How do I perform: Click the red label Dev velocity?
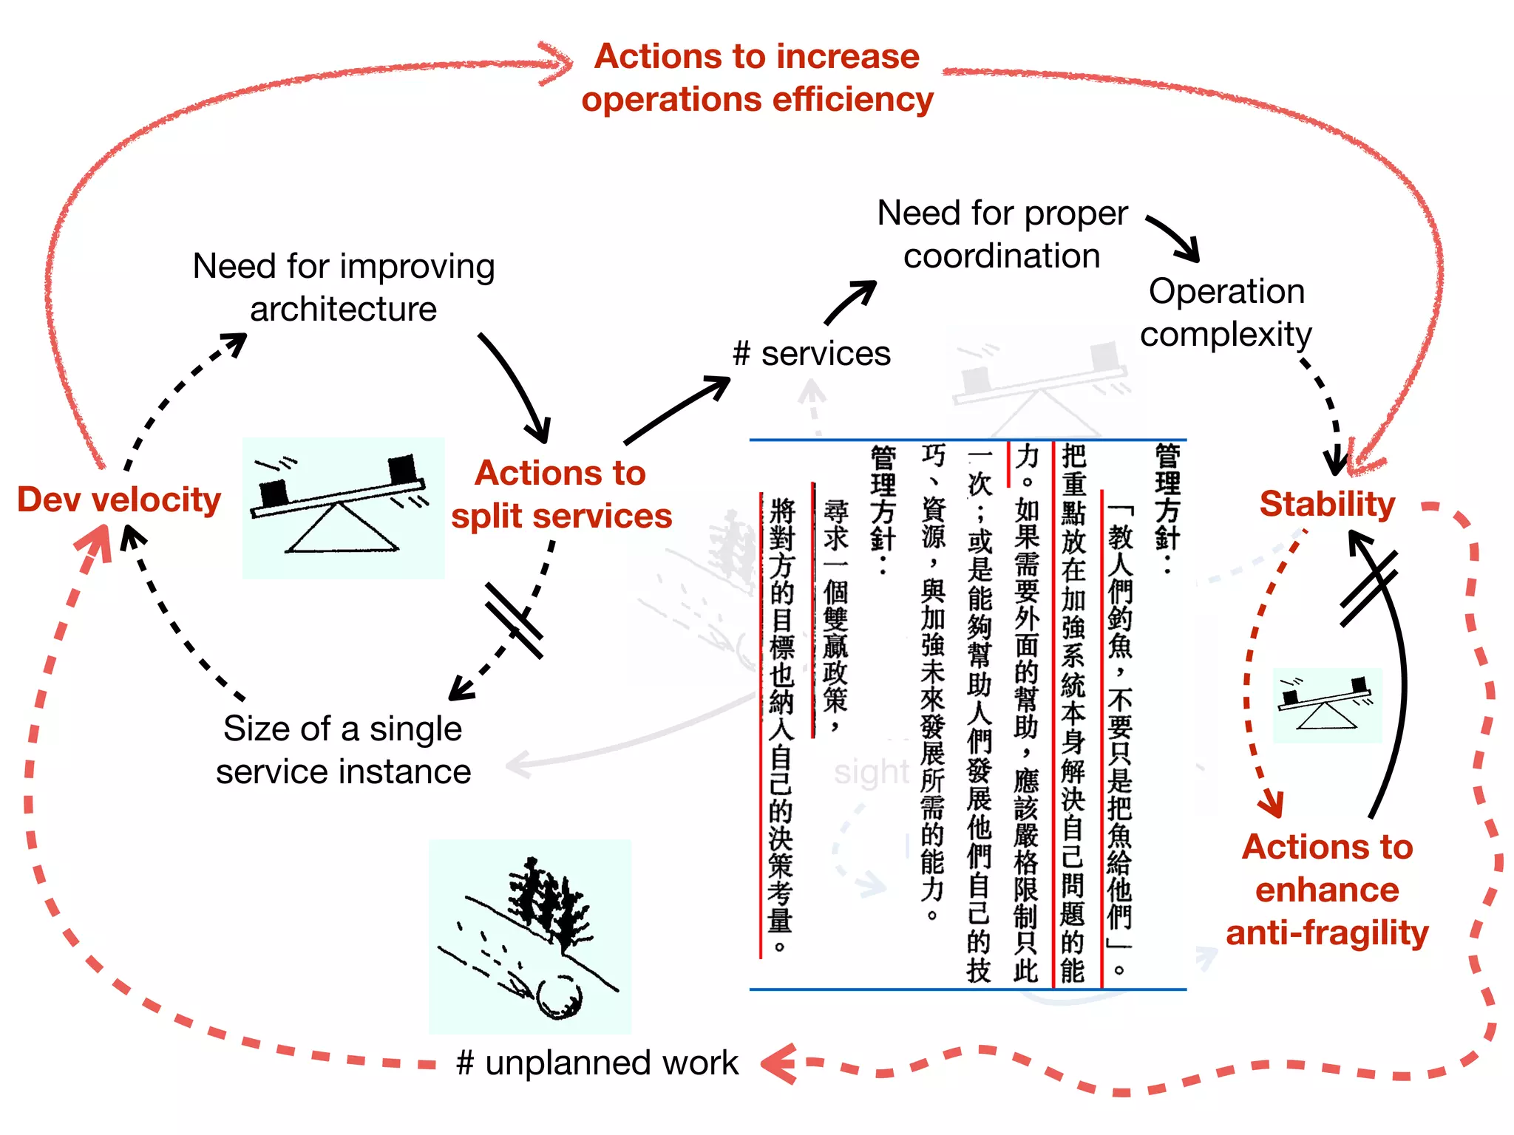pyautogui.click(x=119, y=500)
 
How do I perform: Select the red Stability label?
pyautogui.click(x=1327, y=504)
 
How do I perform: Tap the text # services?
pyautogui.click(x=811, y=354)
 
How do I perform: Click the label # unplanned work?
pyautogui.click(x=597, y=1063)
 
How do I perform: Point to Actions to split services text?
pyautogui.click(x=562, y=494)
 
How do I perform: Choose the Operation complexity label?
pyautogui.click(x=1226, y=313)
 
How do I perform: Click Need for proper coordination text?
pyautogui.click(x=1002, y=234)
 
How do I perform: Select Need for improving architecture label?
pyautogui.click(x=343, y=287)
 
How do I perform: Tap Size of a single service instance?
pyautogui.click(x=343, y=750)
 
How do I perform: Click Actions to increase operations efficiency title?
pyautogui.click(x=757, y=78)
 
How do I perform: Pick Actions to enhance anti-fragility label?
pyautogui.click(x=1327, y=890)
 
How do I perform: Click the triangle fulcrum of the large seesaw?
pyautogui.click(x=342, y=529)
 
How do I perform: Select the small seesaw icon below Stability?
pyautogui.click(x=1326, y=704)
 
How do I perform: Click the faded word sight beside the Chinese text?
pyautogui.click(x=871, y=772)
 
